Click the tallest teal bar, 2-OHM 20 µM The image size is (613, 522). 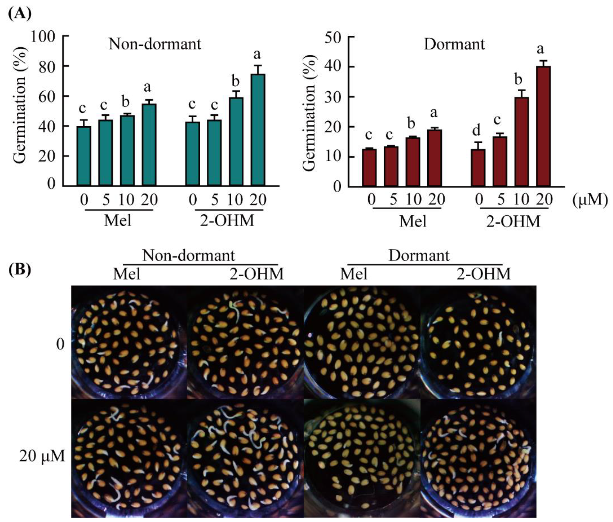point(258,130)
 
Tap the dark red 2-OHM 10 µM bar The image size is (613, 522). point(522,142)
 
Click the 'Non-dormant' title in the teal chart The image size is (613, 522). point(155,44)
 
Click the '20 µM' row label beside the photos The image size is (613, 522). point(42,456)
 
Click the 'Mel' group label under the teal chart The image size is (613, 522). point(117,221)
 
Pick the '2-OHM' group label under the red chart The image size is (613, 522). point(513,221)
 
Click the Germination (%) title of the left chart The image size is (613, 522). point(20,105)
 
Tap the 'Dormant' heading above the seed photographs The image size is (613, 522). point(419,255)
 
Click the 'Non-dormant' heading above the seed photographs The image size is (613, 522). point(189,255)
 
